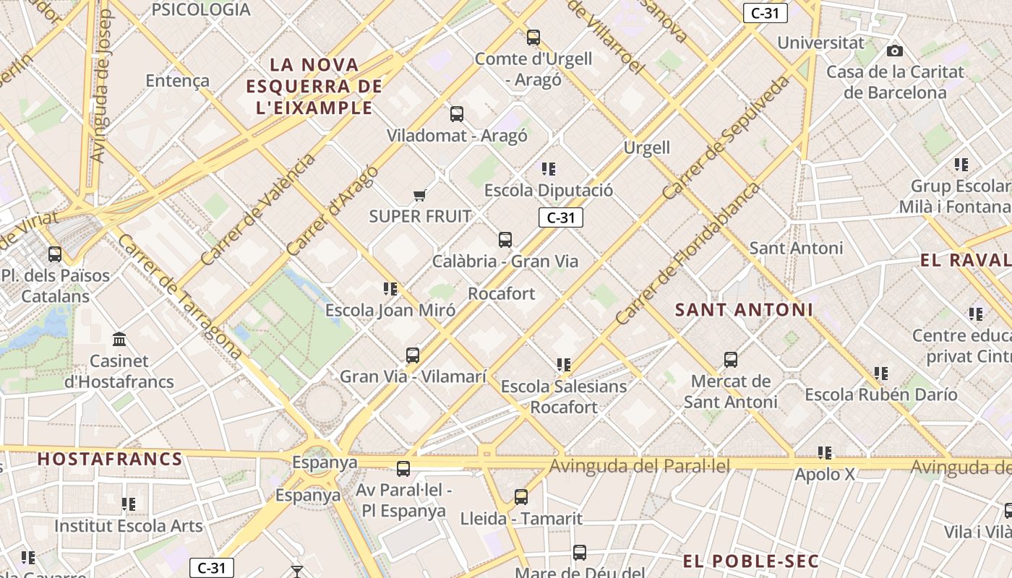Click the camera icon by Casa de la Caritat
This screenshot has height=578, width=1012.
tap(895, 51)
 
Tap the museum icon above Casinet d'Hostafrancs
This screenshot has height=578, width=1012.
tap(119, 339)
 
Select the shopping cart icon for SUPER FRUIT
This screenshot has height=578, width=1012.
tap(419, 194)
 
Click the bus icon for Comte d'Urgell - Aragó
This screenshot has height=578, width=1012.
tap(533, 37)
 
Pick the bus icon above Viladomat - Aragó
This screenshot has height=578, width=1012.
tap(457, 113)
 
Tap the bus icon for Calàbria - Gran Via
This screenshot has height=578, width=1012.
tap(505, 239)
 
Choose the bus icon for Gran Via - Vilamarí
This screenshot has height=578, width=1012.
tap(413, 355)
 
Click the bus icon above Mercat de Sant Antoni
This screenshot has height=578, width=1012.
tap(731, 359)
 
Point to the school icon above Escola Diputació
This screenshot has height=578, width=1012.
tap(549, 169)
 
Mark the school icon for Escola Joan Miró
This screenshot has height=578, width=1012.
tap(390, 289)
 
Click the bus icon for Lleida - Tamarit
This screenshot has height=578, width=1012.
tap(521, 496)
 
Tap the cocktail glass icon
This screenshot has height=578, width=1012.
tap(297, 571)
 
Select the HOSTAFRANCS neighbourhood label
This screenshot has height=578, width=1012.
tap(110, 459)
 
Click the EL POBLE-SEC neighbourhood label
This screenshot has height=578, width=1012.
tap(750, 561)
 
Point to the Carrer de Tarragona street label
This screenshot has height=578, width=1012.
tap(179, 296)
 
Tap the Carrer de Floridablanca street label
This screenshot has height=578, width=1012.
tap(688, 253)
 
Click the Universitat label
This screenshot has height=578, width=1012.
tap(820, 43)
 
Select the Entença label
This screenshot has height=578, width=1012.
tap(178, 80)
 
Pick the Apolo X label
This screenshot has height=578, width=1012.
tap(825, 475)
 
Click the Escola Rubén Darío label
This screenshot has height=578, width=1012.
tap(881, 394)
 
